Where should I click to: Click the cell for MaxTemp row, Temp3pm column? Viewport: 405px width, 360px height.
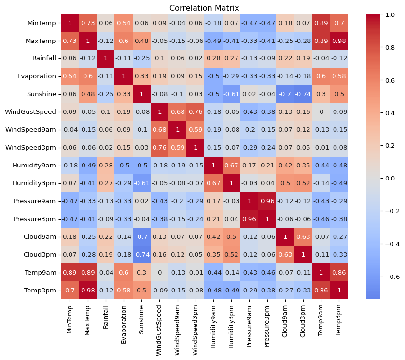coord(339,41)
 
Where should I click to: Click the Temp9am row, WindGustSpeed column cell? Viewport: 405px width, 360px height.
coord(159,273)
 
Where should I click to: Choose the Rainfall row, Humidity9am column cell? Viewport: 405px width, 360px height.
coord(213,58)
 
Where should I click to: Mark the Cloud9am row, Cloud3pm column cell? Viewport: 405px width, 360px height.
coord(303,237)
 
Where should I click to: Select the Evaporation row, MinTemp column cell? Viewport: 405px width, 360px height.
coord(69,76)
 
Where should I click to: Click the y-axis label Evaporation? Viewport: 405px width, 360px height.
coord(39,76)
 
